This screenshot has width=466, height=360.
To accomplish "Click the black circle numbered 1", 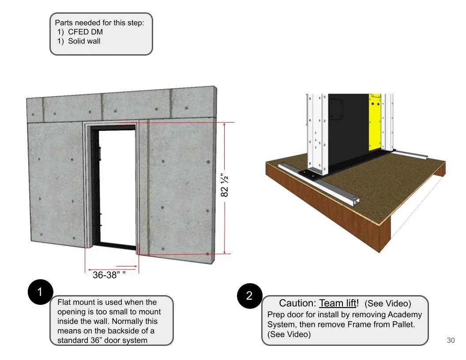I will [x=40, y=292].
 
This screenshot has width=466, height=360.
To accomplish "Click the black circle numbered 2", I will [x=249, y=296].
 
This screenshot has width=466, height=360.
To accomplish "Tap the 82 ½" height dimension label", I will [x=225, y=186].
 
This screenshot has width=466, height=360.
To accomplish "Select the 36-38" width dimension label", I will [x=109, y=275].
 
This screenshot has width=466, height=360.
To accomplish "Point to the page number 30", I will [x=451, y=340].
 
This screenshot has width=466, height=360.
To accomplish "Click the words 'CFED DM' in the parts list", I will [x=85, y=32].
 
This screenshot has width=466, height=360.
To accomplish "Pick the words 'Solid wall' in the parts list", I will [x=84, y=41].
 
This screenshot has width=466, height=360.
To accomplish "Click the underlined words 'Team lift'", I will [x=338, y=303].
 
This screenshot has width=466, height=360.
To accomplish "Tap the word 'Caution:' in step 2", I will [x=297, y=303].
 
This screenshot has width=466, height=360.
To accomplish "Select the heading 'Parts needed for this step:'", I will [x=99, y=22].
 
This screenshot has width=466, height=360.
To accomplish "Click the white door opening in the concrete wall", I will [x=117, y=185].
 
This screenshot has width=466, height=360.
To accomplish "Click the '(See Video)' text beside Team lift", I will [x=387, y=304].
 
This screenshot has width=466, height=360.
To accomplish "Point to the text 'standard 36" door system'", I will [x=102, y=340].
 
